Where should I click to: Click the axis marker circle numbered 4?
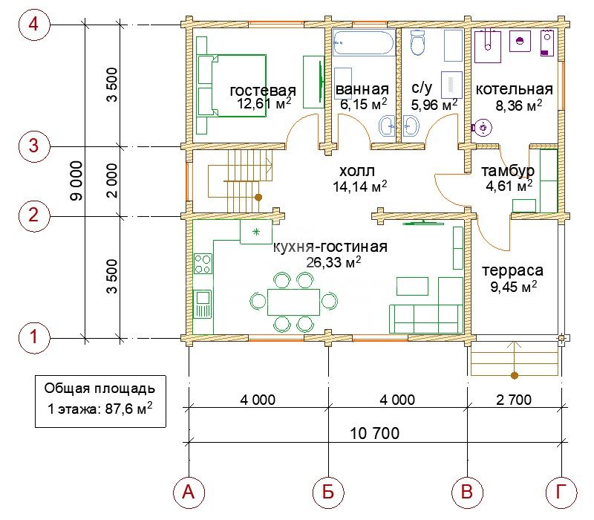34,25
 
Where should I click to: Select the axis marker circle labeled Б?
328,493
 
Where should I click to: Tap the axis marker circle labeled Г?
561,493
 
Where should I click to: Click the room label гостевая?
263,91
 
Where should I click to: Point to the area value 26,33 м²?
333,262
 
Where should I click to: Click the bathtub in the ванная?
364,43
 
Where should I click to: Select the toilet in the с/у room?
418,42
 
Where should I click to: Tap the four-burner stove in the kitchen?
203,264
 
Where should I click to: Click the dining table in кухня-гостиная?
293,302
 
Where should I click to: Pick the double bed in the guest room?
232,85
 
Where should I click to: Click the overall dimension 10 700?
375,433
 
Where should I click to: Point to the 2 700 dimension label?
514,400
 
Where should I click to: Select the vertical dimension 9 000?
77,181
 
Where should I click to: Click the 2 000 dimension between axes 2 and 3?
113,181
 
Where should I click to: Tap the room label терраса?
512,270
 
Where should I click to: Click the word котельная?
514,89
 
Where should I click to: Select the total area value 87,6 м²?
129,409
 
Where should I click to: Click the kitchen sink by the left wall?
203,304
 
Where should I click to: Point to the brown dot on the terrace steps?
514,376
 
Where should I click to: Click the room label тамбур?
508,172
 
